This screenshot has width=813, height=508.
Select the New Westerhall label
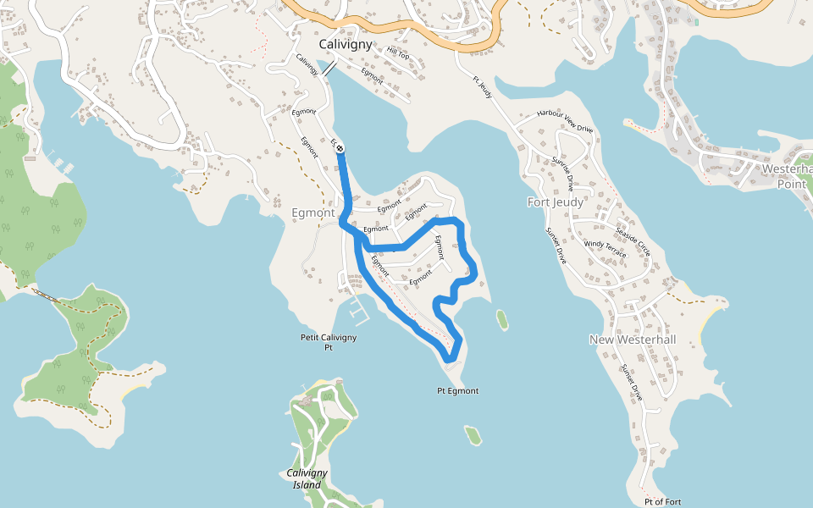click(633, 340)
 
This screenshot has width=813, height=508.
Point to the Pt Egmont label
click(457, 390)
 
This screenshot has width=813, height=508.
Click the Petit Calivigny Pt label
click(329, 342)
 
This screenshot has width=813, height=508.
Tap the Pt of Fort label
click(662, 501)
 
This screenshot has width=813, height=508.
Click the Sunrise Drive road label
click(563, 173)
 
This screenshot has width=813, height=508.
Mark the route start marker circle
click(340, 148)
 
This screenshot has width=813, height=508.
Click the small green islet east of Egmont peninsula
click(502, 319)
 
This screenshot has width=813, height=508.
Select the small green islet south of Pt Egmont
click(473, 435)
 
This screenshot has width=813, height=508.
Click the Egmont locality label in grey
click(313, 213)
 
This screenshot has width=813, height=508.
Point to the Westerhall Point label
click(788, 176)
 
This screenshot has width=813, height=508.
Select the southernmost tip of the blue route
click(450, 362)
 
